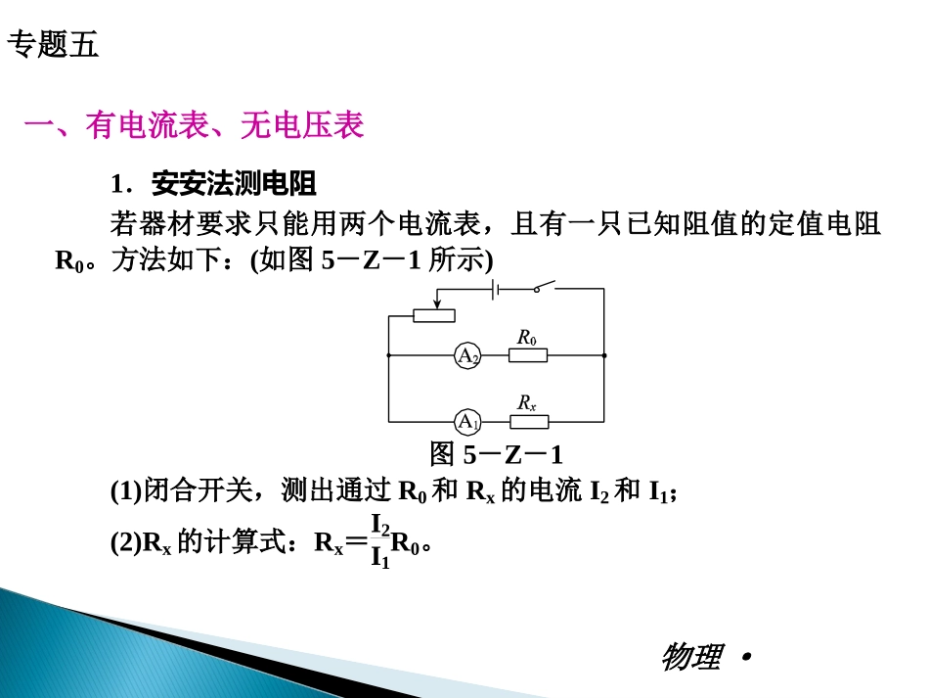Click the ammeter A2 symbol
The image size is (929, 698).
coord(467,355)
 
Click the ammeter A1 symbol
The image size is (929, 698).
coord(467,422)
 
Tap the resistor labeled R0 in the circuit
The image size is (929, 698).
coord(528,355)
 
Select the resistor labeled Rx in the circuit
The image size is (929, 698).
coord(529,422)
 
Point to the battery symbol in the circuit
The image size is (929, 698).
coord(496,289)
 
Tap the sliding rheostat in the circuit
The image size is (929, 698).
coord(433,315)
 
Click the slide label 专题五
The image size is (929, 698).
coord(53,45)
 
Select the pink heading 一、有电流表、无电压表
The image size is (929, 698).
coord(194,125)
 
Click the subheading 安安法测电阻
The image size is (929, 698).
coord(234,184)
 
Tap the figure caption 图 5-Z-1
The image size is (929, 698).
coord(496,455)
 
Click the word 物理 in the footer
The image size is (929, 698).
coord(692,657)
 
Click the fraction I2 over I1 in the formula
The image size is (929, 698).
coord(379,540)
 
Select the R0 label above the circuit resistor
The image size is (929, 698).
coord(527,338)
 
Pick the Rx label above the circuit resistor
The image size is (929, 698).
coord(527,402)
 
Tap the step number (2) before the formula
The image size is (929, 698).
coord(125,541)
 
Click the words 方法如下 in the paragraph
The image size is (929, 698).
coord(159,261)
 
